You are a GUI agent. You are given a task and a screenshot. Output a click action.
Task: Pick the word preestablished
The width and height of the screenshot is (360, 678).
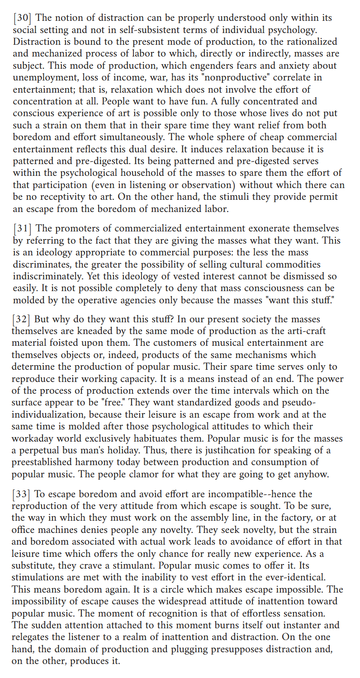tap(42, 462)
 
